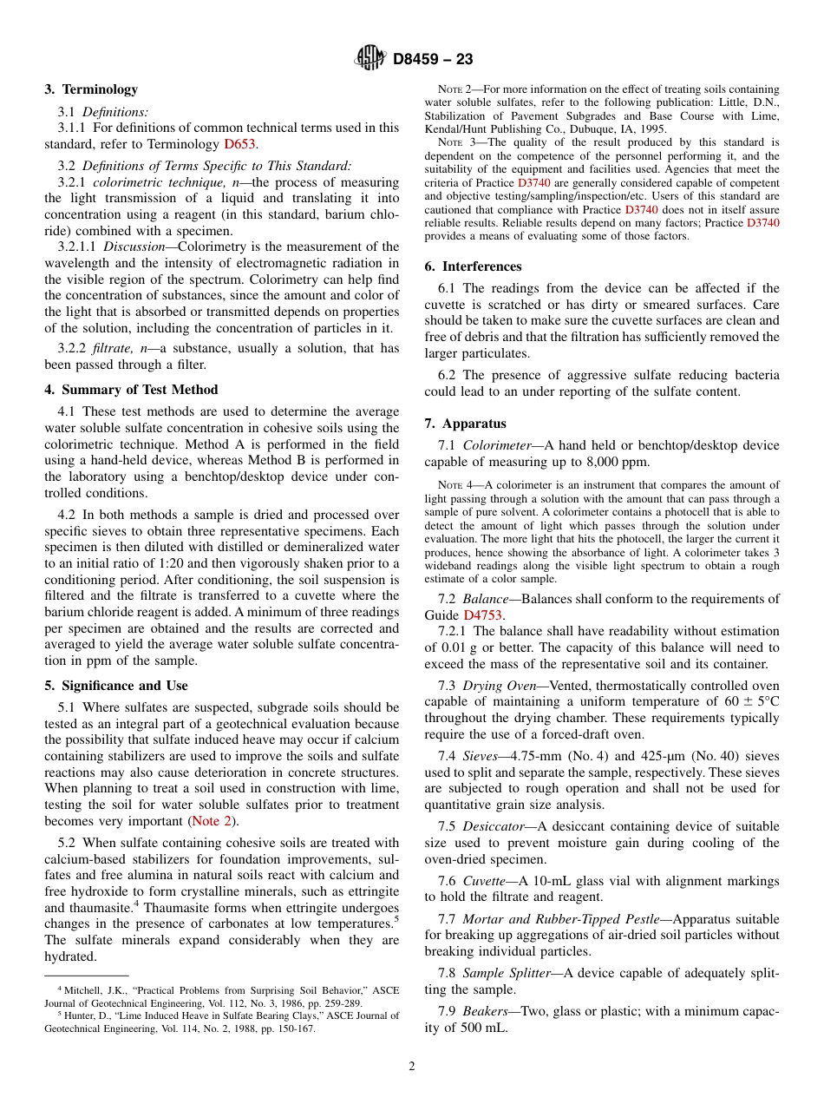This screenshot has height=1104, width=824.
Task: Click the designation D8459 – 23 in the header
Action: click(x=433, y=60)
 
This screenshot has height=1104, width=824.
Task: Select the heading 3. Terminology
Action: click(x=91, y=89)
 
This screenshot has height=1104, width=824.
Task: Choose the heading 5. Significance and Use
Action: click(x=116, y=686)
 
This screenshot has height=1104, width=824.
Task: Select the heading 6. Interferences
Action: click(x=473, y=266)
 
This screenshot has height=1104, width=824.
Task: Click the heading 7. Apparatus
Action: click(x=465, y=424)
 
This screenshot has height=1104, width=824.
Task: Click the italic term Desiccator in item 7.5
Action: click(x=493, y=826)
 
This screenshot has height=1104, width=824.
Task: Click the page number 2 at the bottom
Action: click(x=412, y=1067)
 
